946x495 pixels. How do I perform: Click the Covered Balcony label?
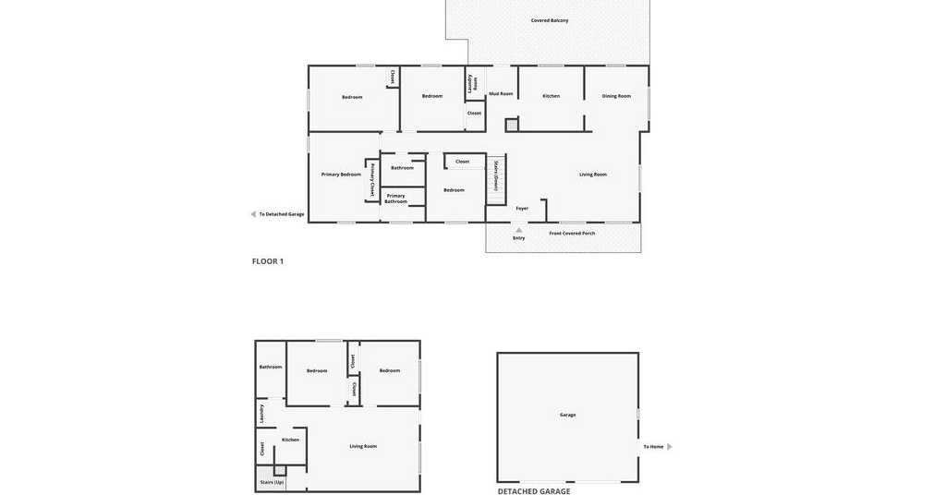549,20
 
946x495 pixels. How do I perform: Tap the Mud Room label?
501,93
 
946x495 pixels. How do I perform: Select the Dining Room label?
616,96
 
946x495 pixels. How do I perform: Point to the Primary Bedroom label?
341,175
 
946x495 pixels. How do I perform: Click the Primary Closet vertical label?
372,180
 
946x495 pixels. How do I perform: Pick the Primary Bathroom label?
395,199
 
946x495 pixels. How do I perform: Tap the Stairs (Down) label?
495,176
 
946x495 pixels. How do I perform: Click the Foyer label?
522,209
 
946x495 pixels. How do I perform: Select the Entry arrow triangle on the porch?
519,230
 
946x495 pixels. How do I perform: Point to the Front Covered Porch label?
572,234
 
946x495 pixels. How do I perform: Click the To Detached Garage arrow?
253,214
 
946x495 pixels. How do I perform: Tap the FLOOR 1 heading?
267,261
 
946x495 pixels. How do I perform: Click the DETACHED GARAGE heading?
533,491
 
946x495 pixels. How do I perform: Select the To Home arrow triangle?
670,447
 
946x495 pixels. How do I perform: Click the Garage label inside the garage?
567,415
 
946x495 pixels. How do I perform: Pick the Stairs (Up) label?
272,482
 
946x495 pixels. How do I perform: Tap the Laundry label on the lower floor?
261,414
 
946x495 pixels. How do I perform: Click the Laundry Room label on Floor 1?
472,82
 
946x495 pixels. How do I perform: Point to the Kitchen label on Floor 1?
551,96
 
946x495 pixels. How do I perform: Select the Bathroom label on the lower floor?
271,367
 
